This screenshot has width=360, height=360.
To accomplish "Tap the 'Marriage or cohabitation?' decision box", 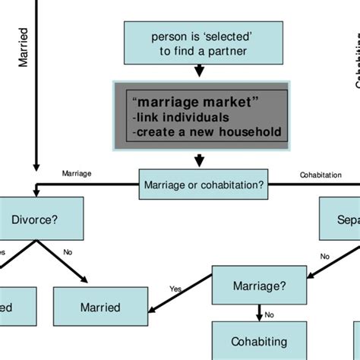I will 204,184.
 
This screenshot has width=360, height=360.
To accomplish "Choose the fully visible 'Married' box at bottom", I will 100,308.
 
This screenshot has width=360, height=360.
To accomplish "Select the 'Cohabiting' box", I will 260,342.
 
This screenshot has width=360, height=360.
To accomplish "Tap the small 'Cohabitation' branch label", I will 320,175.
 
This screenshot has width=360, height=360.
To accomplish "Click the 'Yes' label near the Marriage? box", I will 176,289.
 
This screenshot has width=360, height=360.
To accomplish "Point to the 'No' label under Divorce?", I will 68,251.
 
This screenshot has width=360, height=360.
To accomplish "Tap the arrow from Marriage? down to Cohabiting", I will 260,311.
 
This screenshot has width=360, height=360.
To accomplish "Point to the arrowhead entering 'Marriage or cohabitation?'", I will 200,161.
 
